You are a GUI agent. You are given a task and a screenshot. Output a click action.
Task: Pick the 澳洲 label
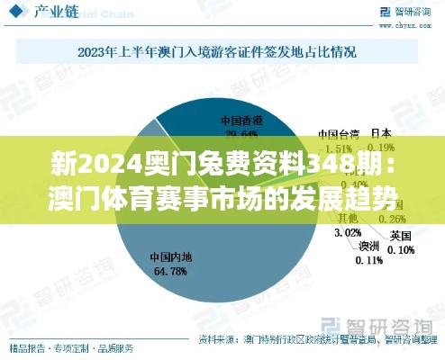click(369, 245)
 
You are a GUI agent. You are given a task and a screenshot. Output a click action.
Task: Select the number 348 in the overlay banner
click(331, 164)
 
